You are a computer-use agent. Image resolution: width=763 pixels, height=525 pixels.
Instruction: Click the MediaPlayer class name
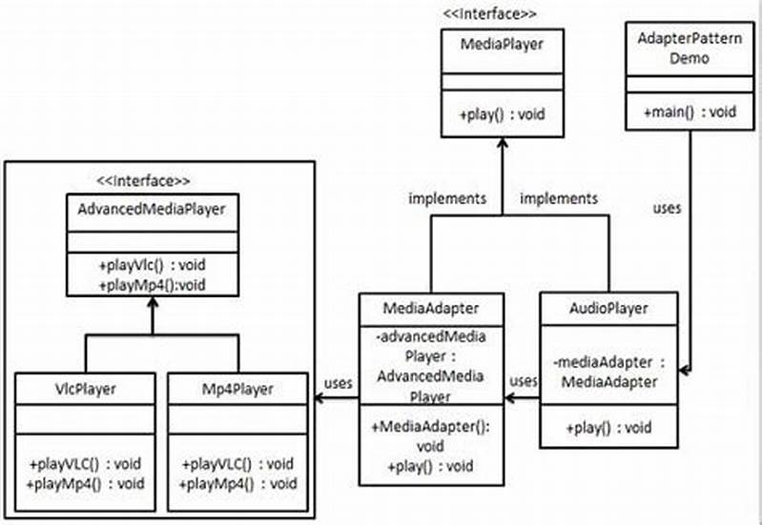coord(502,46)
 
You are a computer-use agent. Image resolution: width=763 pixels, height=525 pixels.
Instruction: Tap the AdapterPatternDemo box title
coord(681,47)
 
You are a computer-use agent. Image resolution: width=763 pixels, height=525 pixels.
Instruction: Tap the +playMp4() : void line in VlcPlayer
coord(85,482)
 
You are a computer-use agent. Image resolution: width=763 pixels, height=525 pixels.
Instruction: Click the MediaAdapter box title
coord(432,309)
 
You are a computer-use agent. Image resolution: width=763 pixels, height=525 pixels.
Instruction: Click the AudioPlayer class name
coord(608,308)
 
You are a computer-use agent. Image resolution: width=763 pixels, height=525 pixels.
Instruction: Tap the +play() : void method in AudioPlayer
coord(608,426)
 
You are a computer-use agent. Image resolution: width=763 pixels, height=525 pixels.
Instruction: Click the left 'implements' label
coord(447,199)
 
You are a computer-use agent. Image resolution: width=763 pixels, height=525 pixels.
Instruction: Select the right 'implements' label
coord(558,199)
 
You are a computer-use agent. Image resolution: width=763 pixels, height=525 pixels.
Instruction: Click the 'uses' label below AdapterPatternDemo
coord(667,208)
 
